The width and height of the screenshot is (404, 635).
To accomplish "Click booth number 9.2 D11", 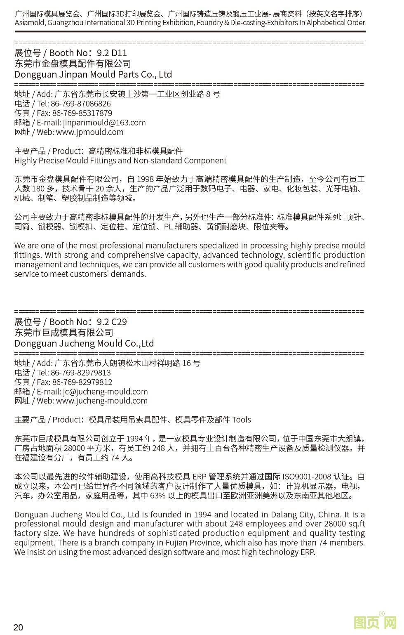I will pos(112,53).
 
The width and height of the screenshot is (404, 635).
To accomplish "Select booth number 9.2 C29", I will pos(112,322).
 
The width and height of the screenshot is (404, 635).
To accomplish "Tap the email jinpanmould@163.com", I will pos(104,123).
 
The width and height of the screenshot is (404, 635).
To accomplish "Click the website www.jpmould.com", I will pos(89,132).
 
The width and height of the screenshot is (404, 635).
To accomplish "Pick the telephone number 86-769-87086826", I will pos(81,104).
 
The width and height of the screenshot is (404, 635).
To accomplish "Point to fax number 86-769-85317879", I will pos(82,113).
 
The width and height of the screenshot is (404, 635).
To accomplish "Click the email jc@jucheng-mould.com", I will pos(105,392).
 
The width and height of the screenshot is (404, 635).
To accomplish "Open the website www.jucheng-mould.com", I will pos(101,401).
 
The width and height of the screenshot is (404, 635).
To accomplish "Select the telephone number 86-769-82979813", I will pos(81,373).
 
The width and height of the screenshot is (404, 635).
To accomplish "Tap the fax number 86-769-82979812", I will pos(82,382).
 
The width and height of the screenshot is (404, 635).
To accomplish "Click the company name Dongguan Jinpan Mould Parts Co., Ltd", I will pos(93,75).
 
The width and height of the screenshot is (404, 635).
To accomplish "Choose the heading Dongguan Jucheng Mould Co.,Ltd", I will pos(84,344).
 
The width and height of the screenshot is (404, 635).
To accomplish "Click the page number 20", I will pos(18,627).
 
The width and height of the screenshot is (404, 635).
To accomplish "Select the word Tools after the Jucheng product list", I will pos(242,420).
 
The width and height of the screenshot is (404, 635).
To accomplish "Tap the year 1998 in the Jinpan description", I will pos(145,179).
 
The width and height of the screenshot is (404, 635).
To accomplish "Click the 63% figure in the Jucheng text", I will pos(158,496).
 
